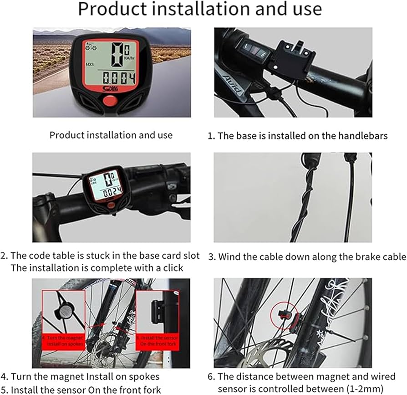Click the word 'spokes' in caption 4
tap(141, 377)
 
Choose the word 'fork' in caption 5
tap(152, 390)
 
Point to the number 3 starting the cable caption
tap(212, 256)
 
